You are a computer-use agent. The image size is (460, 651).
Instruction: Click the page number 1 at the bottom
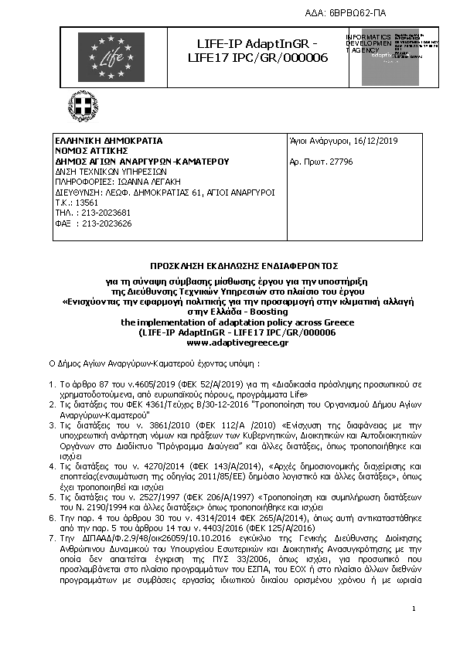[x=414, y=610]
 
